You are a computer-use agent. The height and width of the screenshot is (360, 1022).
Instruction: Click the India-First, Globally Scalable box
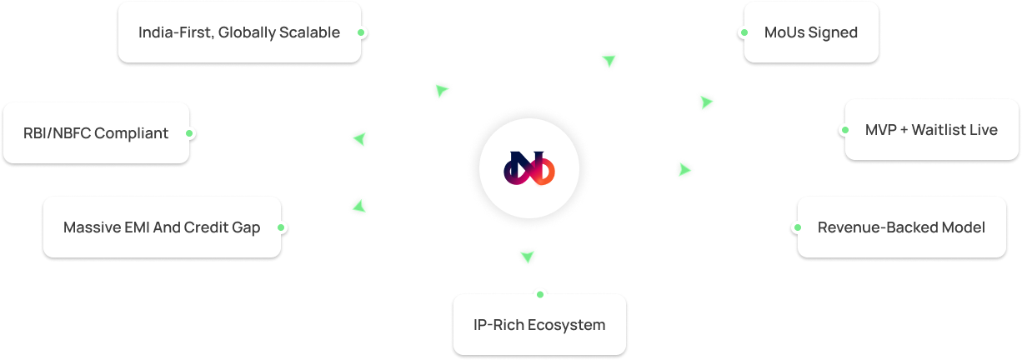[239, 32]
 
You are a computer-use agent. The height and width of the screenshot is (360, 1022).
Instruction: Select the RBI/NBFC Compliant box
[96, 132]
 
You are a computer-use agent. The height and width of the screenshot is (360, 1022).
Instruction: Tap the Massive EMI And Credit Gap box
[162, 227]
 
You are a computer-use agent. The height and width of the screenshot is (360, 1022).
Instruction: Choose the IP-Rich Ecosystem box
[539, 324]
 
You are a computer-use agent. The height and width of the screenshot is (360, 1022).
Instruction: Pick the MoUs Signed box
[810, 32]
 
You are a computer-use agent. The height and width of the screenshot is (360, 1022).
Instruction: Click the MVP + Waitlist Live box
[930, 129]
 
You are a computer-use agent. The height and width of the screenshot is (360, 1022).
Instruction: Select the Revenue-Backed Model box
[901, 227]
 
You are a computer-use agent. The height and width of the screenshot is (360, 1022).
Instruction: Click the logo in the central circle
[529, 169]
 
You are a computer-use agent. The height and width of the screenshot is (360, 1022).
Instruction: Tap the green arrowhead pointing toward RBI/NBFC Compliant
[359, 138]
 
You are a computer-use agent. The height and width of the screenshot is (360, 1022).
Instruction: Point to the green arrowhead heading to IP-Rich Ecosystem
[526, 256]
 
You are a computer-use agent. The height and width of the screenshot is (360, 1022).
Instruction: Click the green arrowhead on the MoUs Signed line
[609, 59]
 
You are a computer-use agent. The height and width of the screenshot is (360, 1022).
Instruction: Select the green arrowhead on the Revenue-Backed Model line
[685, 169]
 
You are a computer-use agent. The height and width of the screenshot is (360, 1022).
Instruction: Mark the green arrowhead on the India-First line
[441, 90]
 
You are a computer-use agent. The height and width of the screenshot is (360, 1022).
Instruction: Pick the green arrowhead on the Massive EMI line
[358, 206]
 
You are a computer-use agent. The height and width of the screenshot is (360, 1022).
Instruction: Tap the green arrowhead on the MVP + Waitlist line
[706, 102]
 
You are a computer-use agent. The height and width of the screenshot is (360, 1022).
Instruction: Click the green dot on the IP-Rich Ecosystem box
[539, 293]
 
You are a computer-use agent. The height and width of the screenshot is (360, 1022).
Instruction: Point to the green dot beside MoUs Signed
[744, 32]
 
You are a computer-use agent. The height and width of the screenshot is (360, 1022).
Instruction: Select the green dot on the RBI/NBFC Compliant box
[190, 132]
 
